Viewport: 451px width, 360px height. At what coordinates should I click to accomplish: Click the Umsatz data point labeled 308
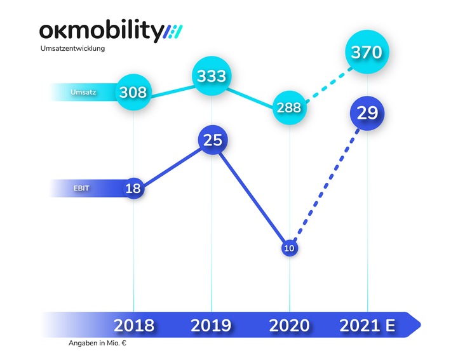click(x=133, y=93)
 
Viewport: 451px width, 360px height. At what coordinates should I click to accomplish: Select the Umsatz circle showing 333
click(x=212, y=76)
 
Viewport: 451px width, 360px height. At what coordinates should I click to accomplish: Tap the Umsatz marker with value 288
click(x=289, y=107)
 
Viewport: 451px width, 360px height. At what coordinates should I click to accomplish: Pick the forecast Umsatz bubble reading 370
click(x=368, y=52)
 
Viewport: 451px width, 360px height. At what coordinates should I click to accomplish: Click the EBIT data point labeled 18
click(x=133, y=189)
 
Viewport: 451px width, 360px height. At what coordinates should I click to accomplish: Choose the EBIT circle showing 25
click(x=212, y=140)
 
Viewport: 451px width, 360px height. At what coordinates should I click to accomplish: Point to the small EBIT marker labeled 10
click(x=289, y=248)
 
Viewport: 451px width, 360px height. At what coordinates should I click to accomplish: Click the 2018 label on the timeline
click(x=133, y=326)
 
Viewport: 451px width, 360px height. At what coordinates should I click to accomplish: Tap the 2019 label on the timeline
click(x=212, y=326)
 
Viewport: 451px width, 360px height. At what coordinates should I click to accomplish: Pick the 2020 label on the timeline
click(x=289, y=326)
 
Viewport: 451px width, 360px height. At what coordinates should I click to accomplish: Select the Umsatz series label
click(x=83, y=93)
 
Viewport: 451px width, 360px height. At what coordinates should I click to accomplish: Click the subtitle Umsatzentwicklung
click(x=77, y=48)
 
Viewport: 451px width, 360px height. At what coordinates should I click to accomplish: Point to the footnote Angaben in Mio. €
click(x=98, y=343)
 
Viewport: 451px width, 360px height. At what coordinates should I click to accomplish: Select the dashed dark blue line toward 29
click(x=326, y=183)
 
